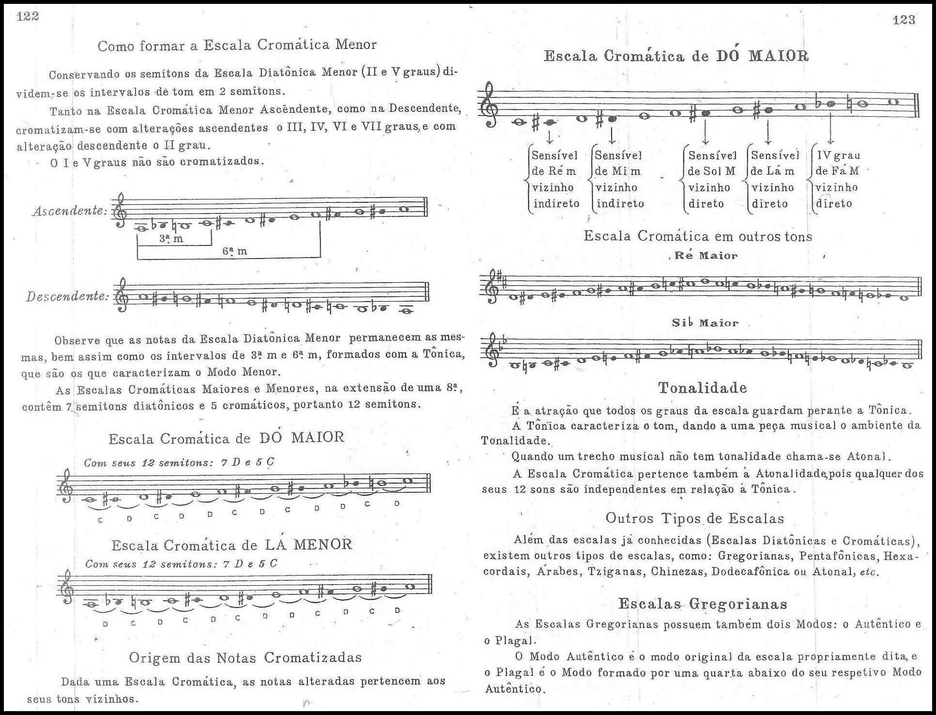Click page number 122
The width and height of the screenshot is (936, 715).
coord(28,16)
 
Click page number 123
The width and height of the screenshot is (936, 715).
coord(904,20)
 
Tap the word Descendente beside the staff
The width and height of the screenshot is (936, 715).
coord(67,296)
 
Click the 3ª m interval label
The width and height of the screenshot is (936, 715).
coord(171,239)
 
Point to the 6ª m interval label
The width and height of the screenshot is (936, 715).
coord(234,251)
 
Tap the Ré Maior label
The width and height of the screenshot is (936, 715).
coord(705,256)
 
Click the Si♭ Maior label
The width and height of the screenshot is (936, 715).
coord(705,323)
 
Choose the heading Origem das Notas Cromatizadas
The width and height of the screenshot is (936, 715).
coord(245,657)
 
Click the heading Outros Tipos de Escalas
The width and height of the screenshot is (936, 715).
coord(694,518)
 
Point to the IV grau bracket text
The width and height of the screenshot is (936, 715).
coord(838,155)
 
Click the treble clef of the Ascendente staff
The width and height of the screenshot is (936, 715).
coord(119,211)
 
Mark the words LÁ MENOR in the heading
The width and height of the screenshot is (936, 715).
coord(308,545)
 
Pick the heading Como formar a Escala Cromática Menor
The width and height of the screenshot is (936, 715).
coord(237,45)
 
